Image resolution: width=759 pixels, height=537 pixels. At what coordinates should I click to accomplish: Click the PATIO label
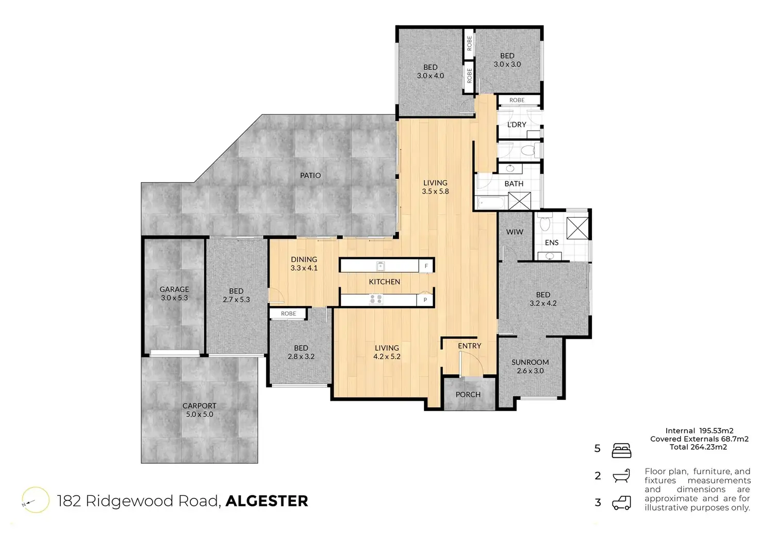pyautogui.click(x=310, y=175)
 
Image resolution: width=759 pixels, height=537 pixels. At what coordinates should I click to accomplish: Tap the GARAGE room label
pyautogui.click(x=174, y=289)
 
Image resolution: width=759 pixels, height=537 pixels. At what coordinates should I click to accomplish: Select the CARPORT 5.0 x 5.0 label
pyautogui.click(x=200, y=410)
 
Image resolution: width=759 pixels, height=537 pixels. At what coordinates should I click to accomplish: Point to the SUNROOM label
pyautogui.click(x=530, y=362)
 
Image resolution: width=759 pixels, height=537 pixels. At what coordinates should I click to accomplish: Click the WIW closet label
pyautogui.click(x=515, y=232)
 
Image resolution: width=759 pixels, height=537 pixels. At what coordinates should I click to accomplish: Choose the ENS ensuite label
pyautogui.click(x=552, y=242)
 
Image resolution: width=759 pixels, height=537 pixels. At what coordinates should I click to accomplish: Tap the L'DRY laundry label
pyautogui.click(x=517, y=125)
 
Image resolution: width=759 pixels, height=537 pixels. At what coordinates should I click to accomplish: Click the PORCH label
pyautogui.click(x=468, y=395)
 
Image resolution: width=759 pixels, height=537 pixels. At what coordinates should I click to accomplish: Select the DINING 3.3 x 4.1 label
pyautogui.click(x=304, y=264)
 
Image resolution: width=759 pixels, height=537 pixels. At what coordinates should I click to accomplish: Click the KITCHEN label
pyautogui.click(x=385, y=282)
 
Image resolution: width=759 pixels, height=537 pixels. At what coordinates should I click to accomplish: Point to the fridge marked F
pyautogui.click(x=426, y=266)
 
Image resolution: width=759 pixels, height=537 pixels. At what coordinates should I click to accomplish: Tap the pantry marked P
pyautogui.click(x=425, y=300)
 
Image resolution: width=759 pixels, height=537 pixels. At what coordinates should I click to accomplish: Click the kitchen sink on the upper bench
pyautogui.click(x=381, y=266)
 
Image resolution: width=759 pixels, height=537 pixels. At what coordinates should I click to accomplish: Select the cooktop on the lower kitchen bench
pyautogui.click(x=375, y=299)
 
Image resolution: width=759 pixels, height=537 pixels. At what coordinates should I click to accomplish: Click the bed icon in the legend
pyautogui.click(x=621, y=451)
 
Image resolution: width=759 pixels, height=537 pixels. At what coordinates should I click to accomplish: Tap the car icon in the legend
pyautogui.click(x=621, y=503)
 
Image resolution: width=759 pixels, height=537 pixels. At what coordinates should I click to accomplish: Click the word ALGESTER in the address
pyautogui.click(x=267, y=501)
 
